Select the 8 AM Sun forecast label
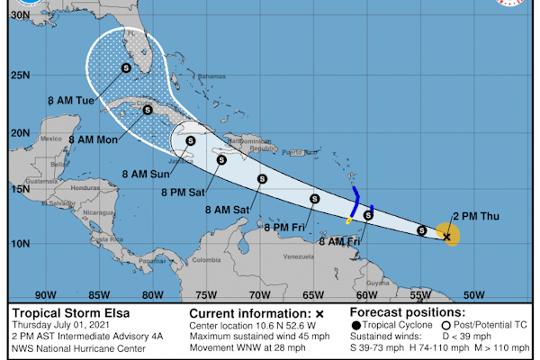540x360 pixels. (145, 173)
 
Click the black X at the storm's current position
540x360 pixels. (447, 237)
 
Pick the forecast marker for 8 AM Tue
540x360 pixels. (125, 67)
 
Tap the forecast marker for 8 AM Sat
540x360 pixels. (262, 179)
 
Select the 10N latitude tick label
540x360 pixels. (18, 244)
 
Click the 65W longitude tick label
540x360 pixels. (312, 294)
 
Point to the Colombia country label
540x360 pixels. (205, 261)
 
